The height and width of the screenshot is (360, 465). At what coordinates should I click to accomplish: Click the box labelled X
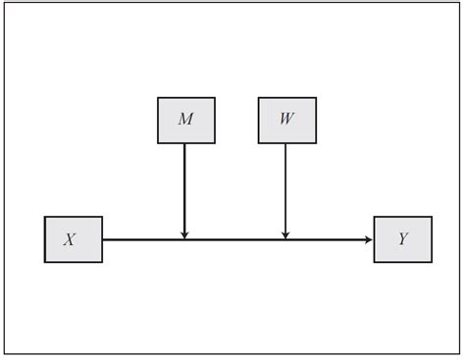[x=74, y=239]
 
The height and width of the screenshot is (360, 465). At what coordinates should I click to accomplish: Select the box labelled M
[x=185, y=120]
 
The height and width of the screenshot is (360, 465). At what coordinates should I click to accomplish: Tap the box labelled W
[x=286, y=120]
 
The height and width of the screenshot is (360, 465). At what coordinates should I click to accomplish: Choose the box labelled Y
[x=402, y=239]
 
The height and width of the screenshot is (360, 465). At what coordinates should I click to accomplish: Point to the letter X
[x=70, y=239]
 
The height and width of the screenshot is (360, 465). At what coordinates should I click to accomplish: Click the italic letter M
[x=185, y=120]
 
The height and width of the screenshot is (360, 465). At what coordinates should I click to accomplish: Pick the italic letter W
[x=286, y=120]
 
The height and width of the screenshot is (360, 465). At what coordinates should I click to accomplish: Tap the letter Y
[x=403, y=239]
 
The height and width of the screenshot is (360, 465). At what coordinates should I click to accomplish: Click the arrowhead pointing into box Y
[x=369, y=239]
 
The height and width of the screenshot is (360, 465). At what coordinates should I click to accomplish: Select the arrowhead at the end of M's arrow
[x=184, y=234]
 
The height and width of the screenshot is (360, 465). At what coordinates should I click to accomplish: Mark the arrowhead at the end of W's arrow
[x=285, y=234]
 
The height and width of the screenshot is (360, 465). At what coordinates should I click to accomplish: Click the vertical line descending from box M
[x=184, y=186]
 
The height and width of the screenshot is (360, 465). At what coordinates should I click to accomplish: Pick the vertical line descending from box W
[x=285, y=186]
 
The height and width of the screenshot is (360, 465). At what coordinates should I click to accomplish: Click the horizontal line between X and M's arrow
[x=142, y=239]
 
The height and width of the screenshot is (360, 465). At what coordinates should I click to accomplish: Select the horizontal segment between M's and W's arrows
[x=235, y=239]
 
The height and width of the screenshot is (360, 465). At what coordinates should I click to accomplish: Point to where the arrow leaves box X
[x=103, y=239]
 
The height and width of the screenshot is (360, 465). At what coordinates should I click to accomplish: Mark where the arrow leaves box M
[x=184, y=144]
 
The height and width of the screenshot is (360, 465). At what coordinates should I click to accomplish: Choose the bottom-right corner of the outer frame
[x=458, y=353]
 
